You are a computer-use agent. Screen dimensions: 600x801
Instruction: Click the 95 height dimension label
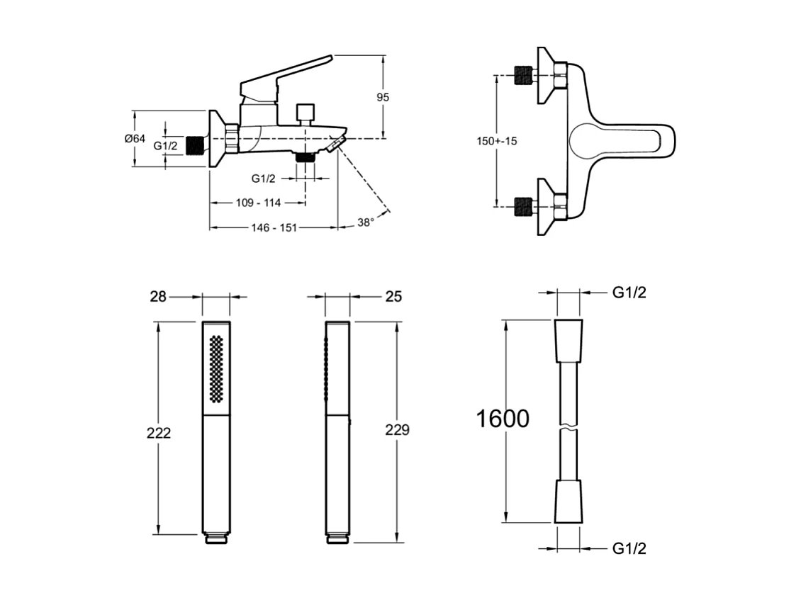point(383,98)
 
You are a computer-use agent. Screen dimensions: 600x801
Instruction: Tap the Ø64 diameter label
point(135,140)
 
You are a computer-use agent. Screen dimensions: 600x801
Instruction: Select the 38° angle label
point(365,222)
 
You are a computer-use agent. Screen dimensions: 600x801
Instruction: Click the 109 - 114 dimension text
point(258,203)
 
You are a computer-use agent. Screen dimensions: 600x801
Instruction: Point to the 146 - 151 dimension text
point(273,227)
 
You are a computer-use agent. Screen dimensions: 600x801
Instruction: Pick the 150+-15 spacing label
point(496,141)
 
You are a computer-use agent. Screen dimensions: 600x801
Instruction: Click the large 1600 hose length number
point(502,419)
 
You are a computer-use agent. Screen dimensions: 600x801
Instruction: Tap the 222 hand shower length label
point(159,432)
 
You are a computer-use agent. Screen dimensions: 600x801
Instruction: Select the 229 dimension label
point(397,430)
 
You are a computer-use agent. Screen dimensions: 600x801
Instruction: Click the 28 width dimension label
point(157,296)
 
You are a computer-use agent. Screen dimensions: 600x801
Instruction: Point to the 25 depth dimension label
point(393,296)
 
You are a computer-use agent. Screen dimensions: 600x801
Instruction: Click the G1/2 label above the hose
point(629,293)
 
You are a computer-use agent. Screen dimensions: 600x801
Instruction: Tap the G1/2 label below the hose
point(629,548)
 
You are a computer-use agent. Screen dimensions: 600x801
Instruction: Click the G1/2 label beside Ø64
point(166,146)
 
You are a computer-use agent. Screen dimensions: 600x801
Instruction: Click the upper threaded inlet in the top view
point(522,75)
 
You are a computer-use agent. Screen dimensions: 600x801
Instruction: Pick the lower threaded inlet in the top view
point(522,206)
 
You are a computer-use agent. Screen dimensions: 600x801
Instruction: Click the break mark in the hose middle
point(568,428)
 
